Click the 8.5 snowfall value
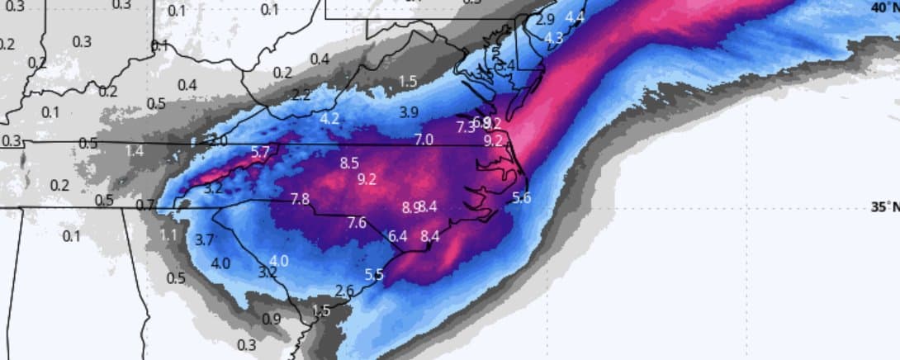[349, 163]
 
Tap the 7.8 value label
[301, 199]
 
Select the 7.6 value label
[357, 222]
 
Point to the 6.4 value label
[398, 235]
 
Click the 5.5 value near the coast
[374, 275]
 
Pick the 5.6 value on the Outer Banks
[522, 197]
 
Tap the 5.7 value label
[260, 151]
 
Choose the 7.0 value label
[424, 139]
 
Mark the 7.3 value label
[465, 126]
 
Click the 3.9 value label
[409, 111]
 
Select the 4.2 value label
[329, 119]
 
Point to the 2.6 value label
[345, 290]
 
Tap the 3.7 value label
[205, 240]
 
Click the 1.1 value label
[168, 235]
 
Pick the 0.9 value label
[271, 319]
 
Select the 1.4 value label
[135, 150]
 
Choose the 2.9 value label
[546, 19]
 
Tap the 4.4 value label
[576, 17]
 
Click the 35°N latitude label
[885, 207]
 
